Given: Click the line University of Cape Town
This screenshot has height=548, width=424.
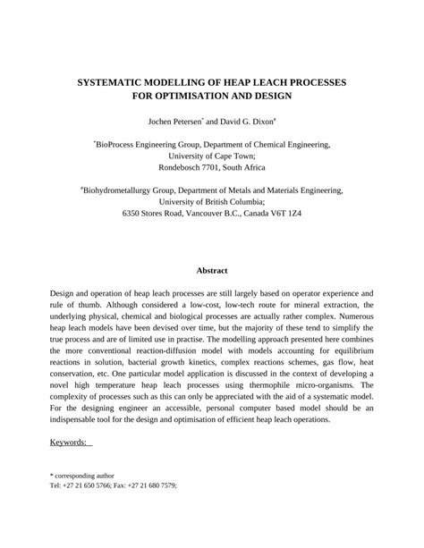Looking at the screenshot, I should (211, 156).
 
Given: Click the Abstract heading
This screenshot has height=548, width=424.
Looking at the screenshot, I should (212, 271).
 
